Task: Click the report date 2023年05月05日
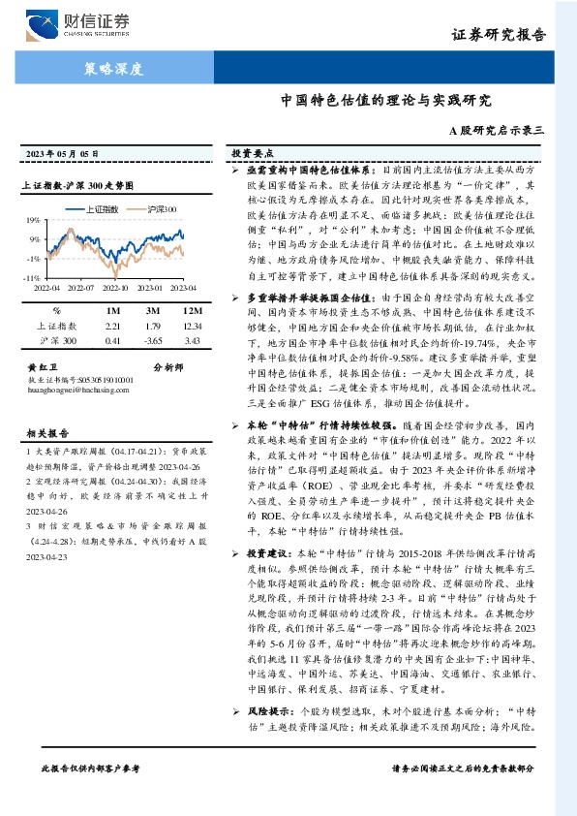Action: point(62,154)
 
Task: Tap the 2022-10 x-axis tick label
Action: point(115,288)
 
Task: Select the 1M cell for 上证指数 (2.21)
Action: point(111,327)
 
